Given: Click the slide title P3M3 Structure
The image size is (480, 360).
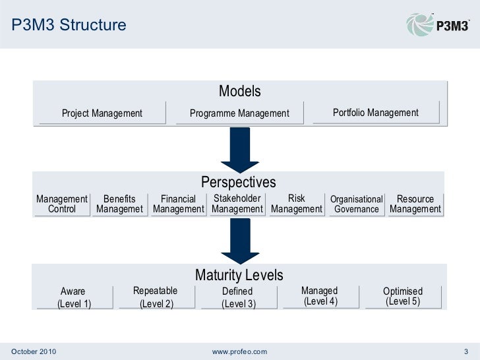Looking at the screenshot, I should click(69, 26).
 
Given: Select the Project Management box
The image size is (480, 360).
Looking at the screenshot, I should click(102, 113).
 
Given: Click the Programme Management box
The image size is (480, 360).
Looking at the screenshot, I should click(239, 113).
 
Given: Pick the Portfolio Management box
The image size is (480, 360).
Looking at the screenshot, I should click(375, 113).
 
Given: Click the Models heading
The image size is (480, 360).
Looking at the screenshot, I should click(240, 91).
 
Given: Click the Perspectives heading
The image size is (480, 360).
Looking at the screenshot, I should click(238, 182).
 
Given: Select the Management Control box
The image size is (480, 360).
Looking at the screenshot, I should click(62, 204).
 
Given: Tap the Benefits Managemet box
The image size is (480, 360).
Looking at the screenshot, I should click(119, 204).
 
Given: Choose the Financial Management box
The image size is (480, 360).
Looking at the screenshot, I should click(179, 204).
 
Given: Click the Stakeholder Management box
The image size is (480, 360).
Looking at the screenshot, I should click(237, 204).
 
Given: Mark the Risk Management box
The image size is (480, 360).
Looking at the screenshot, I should click(297, 204).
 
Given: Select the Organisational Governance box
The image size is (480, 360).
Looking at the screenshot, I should click(356, 204).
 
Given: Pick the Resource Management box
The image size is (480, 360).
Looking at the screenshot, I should click(415, 204).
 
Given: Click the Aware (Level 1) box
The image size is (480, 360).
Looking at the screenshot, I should click(74, 298).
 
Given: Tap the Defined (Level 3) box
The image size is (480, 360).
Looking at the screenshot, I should click(237, 298).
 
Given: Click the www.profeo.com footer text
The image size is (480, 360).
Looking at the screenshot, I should click(240, 349).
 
